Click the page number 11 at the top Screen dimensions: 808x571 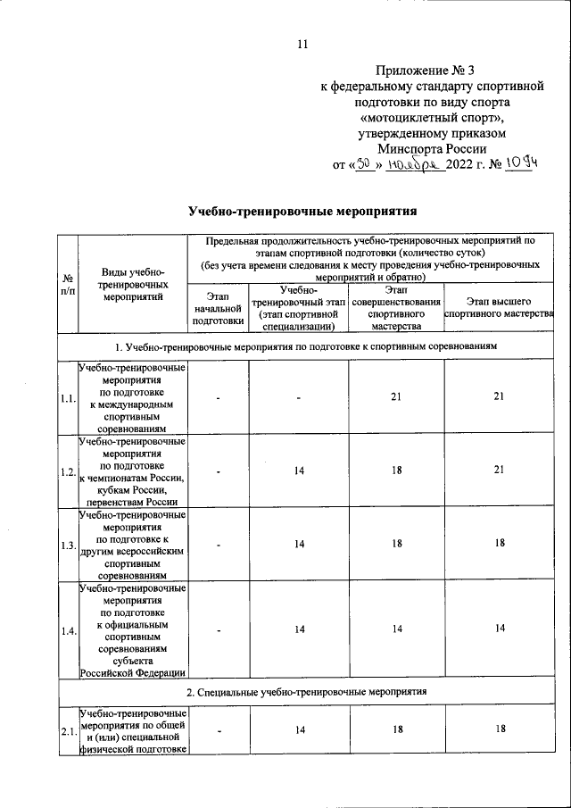(301, 44)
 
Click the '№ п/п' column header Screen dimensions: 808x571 (67, 282)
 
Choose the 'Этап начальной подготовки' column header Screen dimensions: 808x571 (217, 306)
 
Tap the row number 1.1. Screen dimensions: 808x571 (67, 398)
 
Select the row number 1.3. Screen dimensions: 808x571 (67, 544)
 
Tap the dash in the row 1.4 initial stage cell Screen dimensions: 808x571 (217, 630)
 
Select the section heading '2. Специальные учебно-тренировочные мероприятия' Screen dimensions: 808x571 (306, 693)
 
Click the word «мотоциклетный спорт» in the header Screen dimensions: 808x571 (432, 117)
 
